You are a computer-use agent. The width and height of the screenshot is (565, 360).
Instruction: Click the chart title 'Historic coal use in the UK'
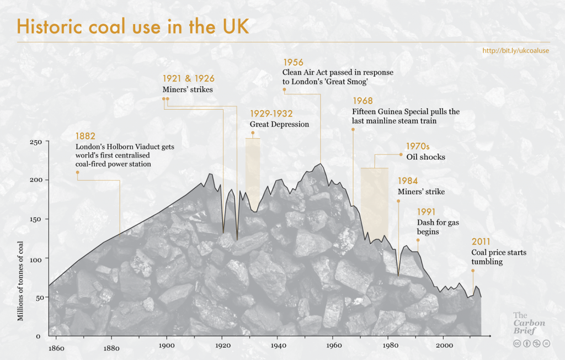click(133, 26)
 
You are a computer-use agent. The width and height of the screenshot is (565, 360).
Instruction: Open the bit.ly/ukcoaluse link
click(515, 50)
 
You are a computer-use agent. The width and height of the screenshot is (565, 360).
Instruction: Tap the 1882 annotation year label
click(86, 136)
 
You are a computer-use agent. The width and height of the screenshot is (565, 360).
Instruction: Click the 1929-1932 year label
click(271, 113)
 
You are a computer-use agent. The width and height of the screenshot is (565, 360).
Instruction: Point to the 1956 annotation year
click(293, 62)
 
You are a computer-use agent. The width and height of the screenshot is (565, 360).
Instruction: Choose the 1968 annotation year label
click(363, 101)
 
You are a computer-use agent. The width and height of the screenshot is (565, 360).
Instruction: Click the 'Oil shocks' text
click(425, 157)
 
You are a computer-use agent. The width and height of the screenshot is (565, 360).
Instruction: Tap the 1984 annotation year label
click(408, 181)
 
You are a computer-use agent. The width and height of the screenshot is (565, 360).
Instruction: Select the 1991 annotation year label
click(427, 212)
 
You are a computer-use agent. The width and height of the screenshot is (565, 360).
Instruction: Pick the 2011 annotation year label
click(481, 242)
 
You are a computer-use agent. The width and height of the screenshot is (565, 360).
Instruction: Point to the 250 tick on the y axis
click(35, 142)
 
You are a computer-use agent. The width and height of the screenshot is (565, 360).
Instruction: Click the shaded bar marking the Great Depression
click(253, 171)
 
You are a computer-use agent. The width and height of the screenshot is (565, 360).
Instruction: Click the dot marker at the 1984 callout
click(398, 202)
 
